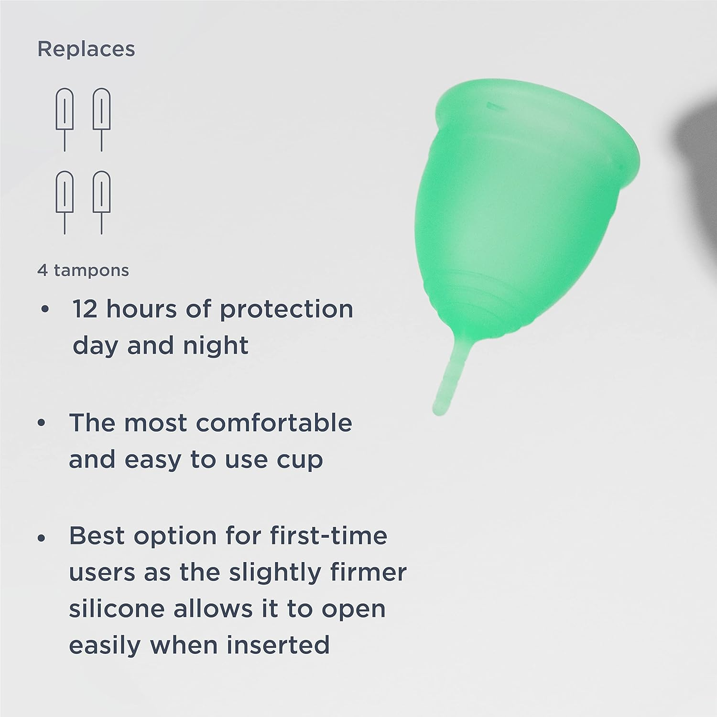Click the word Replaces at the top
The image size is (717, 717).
point(86,49)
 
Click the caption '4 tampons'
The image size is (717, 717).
point(83,271)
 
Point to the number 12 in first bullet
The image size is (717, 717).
point(85,309)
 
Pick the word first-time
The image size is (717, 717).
point(328,535)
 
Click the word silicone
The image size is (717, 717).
point(117,609)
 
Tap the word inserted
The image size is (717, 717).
point(278,645)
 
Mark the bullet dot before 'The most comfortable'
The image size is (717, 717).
point(43,424)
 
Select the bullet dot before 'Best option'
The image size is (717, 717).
point(43,537)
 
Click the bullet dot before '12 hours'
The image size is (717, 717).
point(45,310)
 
